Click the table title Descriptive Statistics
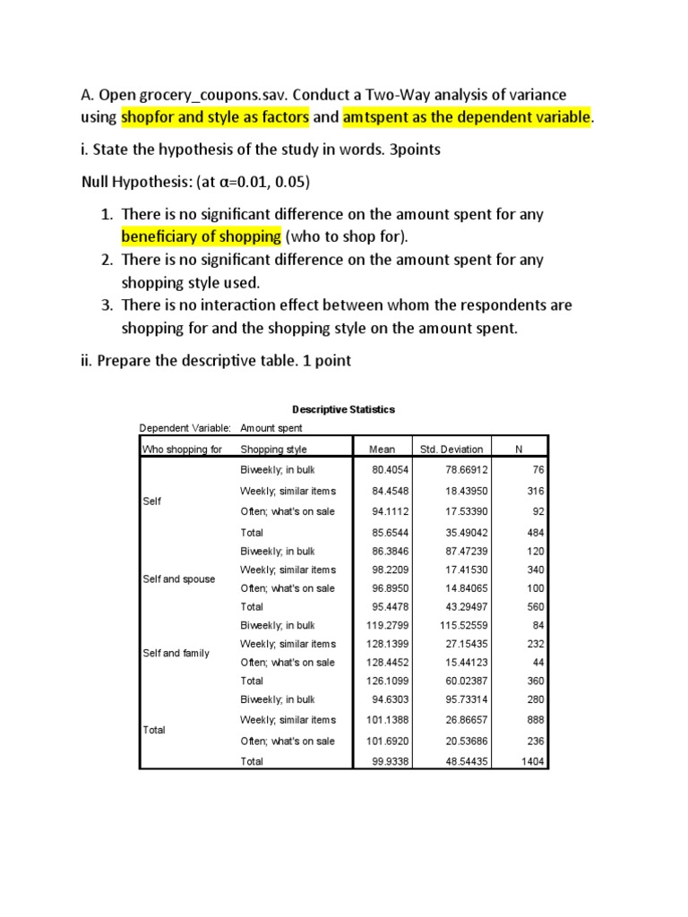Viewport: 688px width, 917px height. (x=343, y=409)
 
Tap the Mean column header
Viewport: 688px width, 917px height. (x=381, y=450)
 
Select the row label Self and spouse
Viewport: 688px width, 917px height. (x=179, y=579)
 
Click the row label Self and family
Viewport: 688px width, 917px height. (x=176, y=653)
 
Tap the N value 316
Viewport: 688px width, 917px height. (x=536, y=491)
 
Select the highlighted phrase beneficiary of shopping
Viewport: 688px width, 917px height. (x=202, y=236)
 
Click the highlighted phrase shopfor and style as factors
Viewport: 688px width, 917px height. (x=215, y=117)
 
